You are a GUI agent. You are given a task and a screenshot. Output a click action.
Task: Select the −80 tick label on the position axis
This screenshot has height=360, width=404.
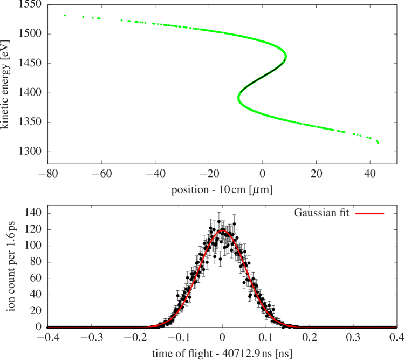click(49, 174)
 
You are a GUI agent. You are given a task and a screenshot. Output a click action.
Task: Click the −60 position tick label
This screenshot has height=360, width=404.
click(102, 174)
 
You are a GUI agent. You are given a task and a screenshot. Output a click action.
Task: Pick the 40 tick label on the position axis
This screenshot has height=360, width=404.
click(369, 174)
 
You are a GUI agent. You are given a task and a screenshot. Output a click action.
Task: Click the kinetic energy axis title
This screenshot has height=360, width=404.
click(5, 84)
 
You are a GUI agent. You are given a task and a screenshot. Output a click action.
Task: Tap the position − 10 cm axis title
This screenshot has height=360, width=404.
click(222, 190)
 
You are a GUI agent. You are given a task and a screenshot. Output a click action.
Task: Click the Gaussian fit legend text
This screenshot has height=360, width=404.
click(321, 213)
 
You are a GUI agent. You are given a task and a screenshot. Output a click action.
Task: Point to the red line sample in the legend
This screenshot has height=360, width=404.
click(370, 214)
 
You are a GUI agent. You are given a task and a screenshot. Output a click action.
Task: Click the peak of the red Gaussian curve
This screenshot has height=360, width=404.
click(222, 230)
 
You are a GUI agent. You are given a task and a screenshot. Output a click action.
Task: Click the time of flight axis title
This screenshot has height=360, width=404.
click(222, 352)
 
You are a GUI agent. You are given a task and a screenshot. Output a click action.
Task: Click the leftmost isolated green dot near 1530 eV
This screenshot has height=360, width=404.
click(65, 16)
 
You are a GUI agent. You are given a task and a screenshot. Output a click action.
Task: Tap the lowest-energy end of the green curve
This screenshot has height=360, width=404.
click(378, 142)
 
